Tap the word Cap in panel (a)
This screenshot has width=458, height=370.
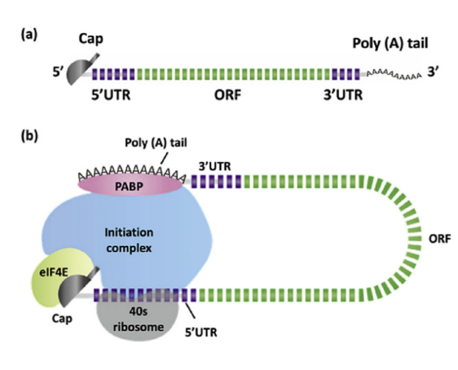[92, 39]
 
